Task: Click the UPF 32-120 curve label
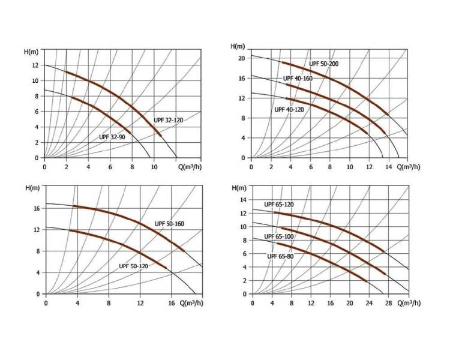tap(168, 120)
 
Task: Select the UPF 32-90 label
tap(112, 137)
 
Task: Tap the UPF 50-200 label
tap(324, 64)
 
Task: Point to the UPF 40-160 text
tap(298, 79)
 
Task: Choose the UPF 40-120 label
tap(289, 110)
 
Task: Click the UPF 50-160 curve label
tap(169, 224)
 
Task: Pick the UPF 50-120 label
tap(133, 266)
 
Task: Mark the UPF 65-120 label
tap(279, 205)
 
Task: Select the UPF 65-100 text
tap(279, 236)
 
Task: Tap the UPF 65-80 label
tap(280, 256)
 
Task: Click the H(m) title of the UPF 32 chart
tap(31, 52)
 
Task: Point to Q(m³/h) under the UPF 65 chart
tap(409, 303)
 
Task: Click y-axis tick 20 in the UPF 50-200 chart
tap(242, 58)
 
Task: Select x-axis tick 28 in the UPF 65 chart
tap(388, 303)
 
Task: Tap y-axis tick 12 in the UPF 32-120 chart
tap(35, 65)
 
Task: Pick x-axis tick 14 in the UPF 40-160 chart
tap(388, 167)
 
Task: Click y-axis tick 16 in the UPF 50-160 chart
tap(37, 208)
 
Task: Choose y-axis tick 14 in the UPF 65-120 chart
tap(244, 200)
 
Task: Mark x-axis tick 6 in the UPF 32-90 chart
tap(110, 167)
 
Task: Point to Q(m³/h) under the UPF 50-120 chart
tap(191, 303)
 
